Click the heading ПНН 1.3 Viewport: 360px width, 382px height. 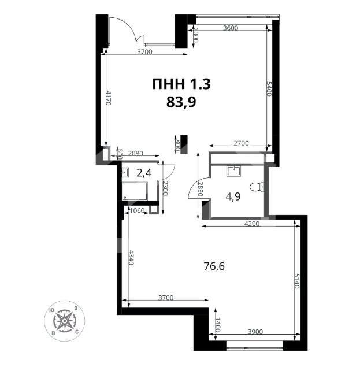(x=181, y=84)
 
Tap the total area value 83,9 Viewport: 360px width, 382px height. (x=181, y=102)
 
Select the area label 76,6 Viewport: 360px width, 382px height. (x=214, y=266)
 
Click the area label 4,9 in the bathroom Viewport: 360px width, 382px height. (x=233, y=196)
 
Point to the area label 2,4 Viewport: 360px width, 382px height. (x=144, y=173)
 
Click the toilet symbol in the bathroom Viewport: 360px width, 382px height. (x=257, y=187)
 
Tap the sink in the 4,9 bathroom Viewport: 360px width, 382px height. (x=234, y=171)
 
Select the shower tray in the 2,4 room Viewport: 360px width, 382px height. (x=135, y=191)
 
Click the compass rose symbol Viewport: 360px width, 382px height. (x=65, y=321)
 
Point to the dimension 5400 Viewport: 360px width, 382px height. (x=269, y=89)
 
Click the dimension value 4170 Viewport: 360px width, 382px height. (x=109, y=98)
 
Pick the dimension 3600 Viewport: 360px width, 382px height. (x=231, y=28)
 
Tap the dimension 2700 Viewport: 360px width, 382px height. (x=241, y=143)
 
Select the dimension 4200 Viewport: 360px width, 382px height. (x=252, y=224)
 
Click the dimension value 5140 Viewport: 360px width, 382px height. (x=296, y=281)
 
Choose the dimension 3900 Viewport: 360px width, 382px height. (x=255, y=332)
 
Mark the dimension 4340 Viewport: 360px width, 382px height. (x=131, y=257)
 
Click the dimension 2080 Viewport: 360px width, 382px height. (x=135, y=154)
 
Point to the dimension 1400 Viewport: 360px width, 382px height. (x=218, y=325)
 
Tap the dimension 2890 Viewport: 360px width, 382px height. (x=200, y=189)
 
